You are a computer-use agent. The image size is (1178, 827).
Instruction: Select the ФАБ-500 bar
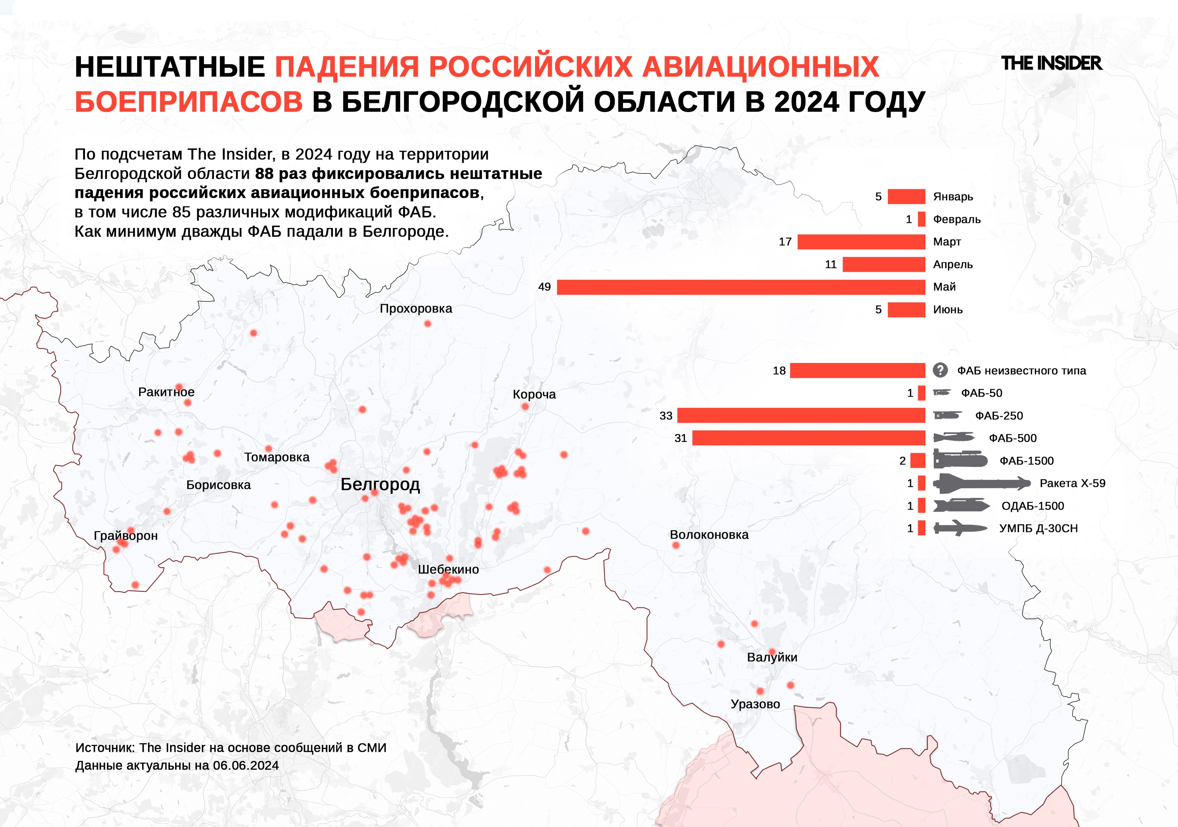(809, 438)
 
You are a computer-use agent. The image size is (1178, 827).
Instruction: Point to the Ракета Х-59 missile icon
(981, 483)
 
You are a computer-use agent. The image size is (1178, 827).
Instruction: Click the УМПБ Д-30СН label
(1038, 528)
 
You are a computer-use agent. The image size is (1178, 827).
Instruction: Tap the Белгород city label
(380, 484)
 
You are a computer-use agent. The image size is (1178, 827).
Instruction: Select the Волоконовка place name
(709, 535)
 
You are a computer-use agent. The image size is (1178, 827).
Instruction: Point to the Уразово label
(755, 704)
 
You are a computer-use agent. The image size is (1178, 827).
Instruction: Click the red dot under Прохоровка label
(427, 324)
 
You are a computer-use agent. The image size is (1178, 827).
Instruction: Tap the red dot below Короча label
(525, 407)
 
